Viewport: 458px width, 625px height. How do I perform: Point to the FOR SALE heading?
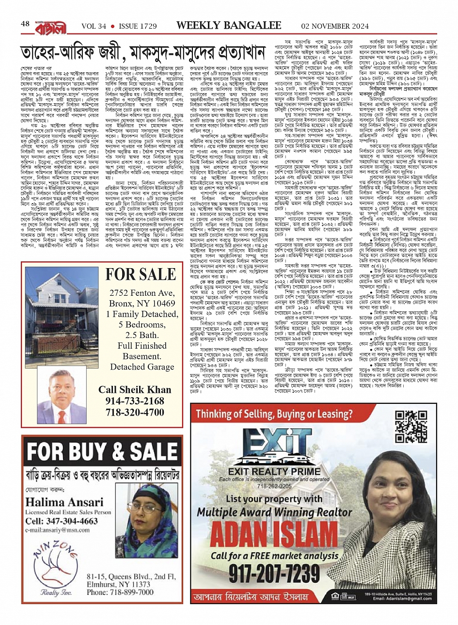click(x=141, y=274)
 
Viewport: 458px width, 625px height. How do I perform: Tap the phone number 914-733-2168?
click(x=135, y=401)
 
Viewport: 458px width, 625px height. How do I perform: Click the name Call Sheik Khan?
click(x=135, y=390)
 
